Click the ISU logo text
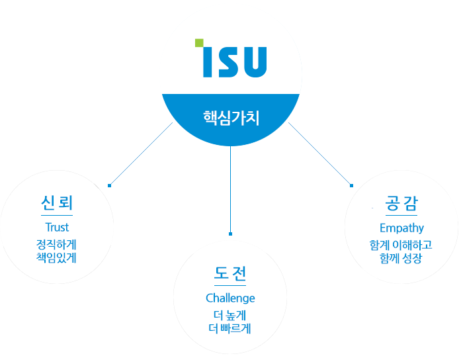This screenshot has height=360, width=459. coord(235,60)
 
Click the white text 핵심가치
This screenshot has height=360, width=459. coord(231,118)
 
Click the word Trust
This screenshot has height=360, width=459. coord(57,228)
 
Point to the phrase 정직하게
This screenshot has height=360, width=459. coord(57,244)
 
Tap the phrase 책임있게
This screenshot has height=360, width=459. coord(57,257)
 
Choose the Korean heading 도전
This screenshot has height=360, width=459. coord(230,273)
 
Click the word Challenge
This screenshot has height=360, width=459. coord(230,298)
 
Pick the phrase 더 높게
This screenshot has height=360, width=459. coord(230,314)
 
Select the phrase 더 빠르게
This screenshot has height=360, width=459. coord(230,327)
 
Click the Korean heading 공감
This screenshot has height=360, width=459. coord(401,203)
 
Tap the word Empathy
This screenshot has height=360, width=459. coord(401,228)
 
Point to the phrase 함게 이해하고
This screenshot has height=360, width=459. coord(401,245)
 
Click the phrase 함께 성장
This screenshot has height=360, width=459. coord(401,257)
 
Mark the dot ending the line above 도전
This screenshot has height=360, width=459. coord(230,234)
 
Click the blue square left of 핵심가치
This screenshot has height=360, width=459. coord(141,153)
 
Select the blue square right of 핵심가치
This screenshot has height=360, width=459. coord(319,153)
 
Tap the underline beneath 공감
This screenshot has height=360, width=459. coord(401,216)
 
